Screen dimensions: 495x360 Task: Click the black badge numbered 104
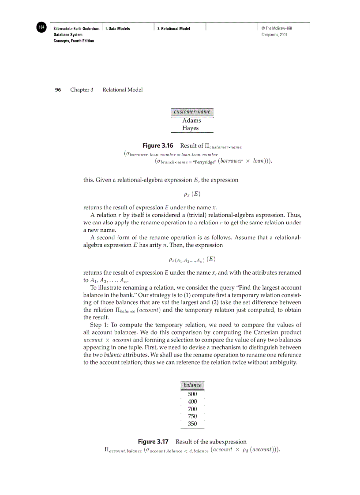tap(41, 27)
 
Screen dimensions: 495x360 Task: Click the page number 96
tap(58, 90)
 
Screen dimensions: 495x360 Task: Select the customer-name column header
tap(192, 112)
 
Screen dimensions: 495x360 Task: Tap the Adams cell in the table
tap(191, 120)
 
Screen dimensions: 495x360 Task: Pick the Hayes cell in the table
tap(191, 128)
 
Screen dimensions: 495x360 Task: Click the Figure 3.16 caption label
tap(158, 145)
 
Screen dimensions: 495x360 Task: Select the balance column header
tap(192, 385)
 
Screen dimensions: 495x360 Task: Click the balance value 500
tap(192, 394)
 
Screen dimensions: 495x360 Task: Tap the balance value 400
tap(192, 402)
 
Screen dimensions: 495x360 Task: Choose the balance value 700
tap(192, 409)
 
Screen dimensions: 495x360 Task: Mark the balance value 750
tap(192, 416)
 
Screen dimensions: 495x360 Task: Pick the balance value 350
tap(192, 424)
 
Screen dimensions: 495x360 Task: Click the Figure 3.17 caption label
tap(154, 442)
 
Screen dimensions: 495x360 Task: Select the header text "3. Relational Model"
tap(174, 29)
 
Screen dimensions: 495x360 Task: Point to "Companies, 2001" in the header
tap(274, 34)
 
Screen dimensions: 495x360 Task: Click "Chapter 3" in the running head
tap(82, 90)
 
